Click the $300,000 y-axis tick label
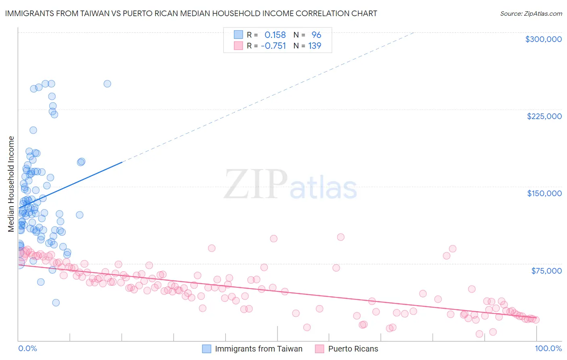coord(543,39)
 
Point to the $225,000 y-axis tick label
coord(544,116)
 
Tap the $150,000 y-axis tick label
coord(544,193)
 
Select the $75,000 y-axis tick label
coord(546,271)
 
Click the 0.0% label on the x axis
coord(27,348)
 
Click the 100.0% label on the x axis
coord(548,348)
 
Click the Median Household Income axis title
coord(11,184)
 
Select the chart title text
coord(191,13)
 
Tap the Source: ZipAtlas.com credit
coord(531,13)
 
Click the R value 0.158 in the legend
coord(275,35)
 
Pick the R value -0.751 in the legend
coord(273,46)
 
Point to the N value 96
coord(316,35)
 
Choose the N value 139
coord(315,46)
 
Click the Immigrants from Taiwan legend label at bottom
coord(258,349)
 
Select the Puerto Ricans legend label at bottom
coord(353,349)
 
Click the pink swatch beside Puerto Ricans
coord(320,349)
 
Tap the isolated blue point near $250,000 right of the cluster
coord(107,84)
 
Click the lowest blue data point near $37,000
coord(56,303)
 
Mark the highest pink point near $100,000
coord(341,237)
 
